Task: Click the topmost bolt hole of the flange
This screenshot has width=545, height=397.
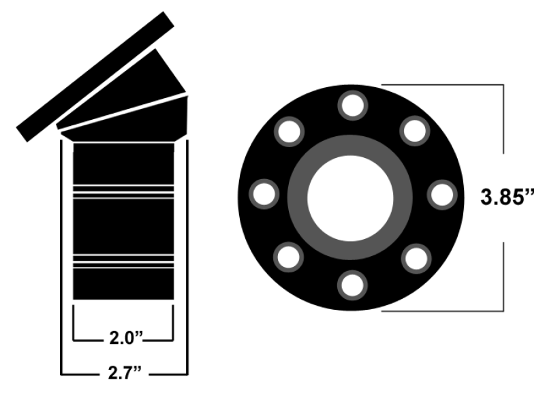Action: point(352,106)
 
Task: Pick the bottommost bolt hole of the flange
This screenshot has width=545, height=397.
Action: point(352,285)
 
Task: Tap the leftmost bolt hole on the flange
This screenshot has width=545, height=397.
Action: point(264,194)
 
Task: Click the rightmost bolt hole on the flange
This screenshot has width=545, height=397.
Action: point(441,194)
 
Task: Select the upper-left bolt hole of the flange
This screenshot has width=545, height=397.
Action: point(289,131)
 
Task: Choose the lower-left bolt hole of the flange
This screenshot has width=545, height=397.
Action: point(289,257)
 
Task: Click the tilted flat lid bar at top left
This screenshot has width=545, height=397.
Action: point(95,76)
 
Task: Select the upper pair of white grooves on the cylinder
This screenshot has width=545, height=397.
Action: point(123,191)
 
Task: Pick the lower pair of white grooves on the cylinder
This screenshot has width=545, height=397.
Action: point(123,263)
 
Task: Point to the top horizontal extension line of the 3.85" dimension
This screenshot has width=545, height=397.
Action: point(443,84)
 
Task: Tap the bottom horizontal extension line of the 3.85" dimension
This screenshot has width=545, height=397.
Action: point(443,310)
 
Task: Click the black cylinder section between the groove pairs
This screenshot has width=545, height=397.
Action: point(123,227)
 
